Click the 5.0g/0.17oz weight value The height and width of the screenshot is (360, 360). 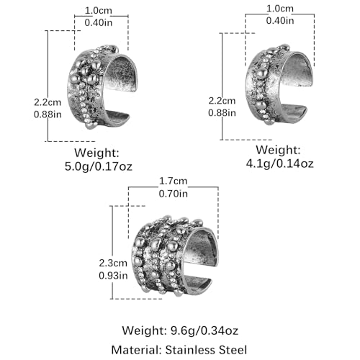pyautogui.click(x=99, y=166)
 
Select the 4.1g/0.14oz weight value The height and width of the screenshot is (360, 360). pyautogui.click(x=280, y=163)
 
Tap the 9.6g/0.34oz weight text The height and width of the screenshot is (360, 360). pyautogui.click(x=204, y=330)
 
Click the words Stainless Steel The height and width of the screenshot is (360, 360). pyautogui.click(x=206, y=350)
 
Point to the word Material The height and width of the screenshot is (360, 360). pyautogui.click(x=136, y=350)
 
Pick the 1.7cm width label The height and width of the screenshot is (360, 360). pyautogui.click(x=174, y=181)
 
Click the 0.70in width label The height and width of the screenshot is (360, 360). pyautogui.click(x=174, y=194)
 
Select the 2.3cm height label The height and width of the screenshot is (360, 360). pyautogui.click(x=113, y=263)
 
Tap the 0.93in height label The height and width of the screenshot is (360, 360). pyautogui.click(x=113, y=276)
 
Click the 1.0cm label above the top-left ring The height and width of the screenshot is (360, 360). pyautogui.click(x=99, y=10)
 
